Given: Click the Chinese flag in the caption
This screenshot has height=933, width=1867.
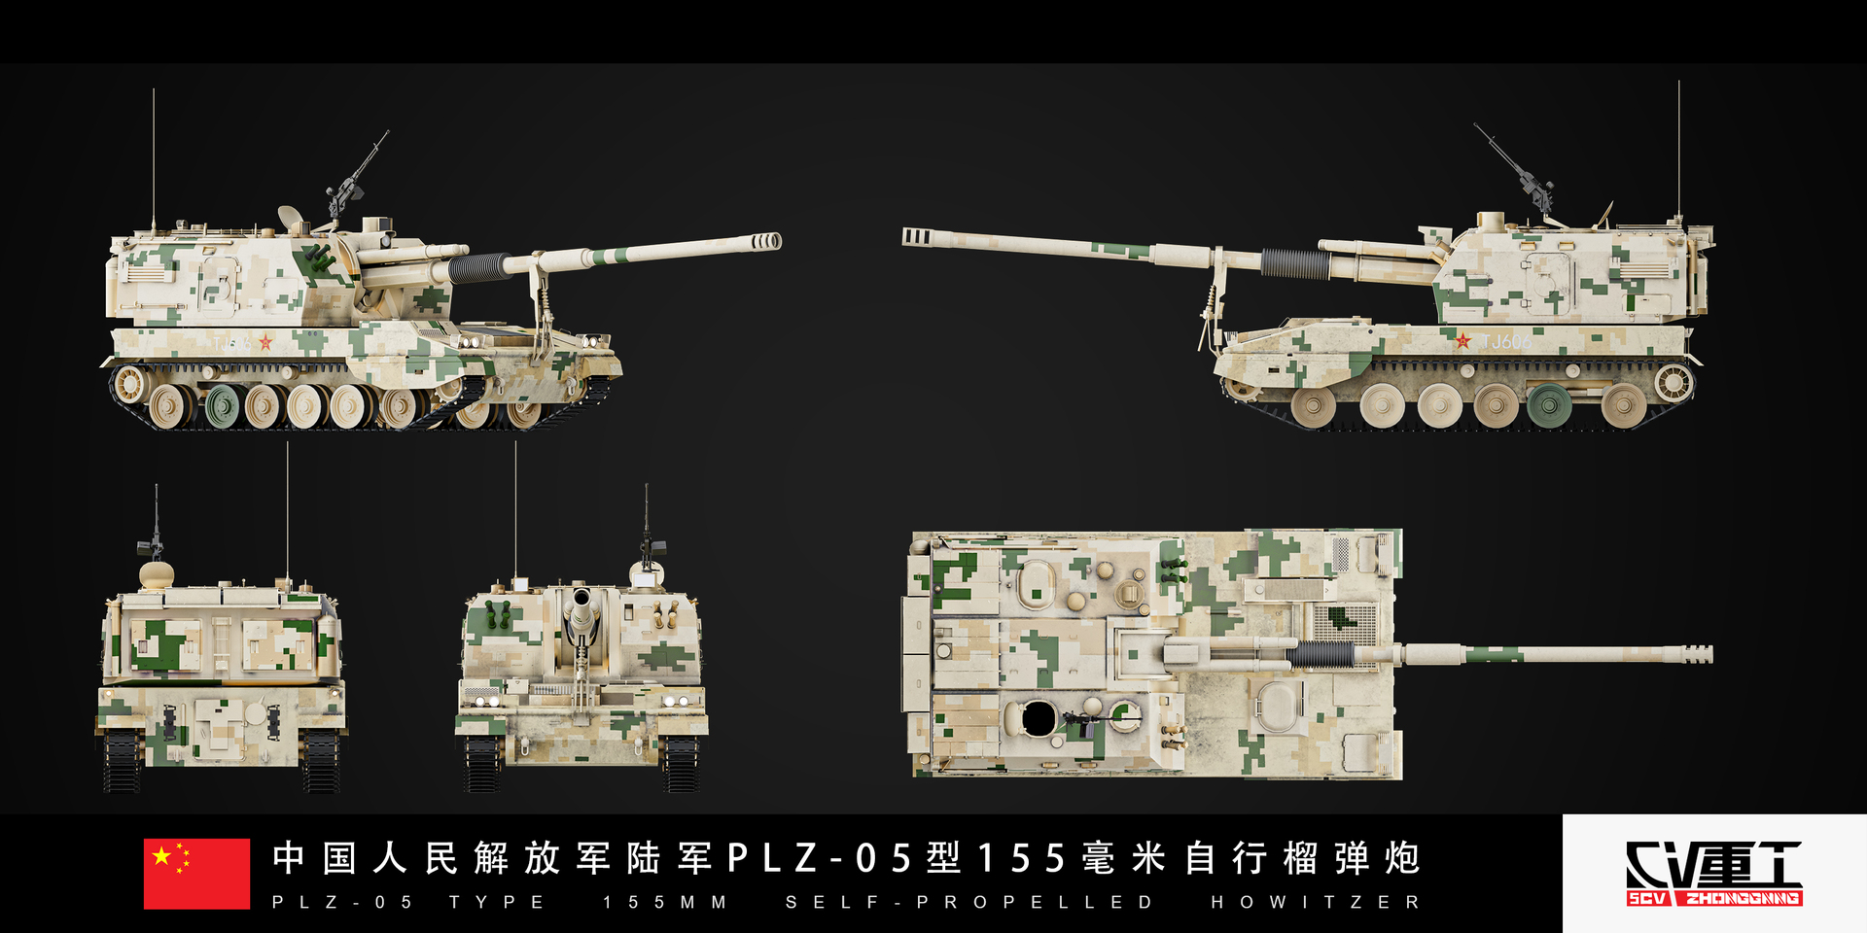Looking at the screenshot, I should coord(196,873).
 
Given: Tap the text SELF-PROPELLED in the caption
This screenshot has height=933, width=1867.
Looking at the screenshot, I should coord(969,902).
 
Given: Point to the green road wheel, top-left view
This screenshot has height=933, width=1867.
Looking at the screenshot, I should coord(222,404).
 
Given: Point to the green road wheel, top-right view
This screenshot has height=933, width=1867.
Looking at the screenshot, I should coord(1548,403).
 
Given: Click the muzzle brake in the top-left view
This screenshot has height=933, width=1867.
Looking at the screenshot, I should coord(765,241).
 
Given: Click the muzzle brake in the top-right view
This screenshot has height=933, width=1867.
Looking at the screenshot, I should coord(918,236).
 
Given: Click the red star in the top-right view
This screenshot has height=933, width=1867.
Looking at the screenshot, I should coord(1462,340).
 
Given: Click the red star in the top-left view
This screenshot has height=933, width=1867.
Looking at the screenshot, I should coord(264,342).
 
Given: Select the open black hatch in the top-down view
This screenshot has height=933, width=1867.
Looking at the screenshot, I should coord(1038,718).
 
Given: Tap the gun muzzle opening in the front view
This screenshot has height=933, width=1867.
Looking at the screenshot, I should coord(581,601).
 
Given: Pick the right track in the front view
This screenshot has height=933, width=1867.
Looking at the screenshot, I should coord(681,763).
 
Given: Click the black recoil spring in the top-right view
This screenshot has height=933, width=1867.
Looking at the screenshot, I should coord(1293,262).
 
